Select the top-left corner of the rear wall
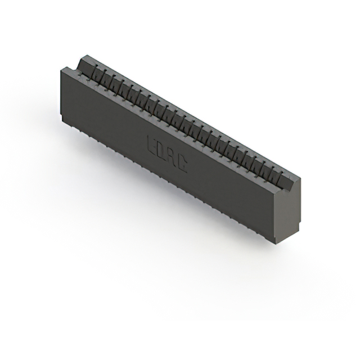coord(83,55)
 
